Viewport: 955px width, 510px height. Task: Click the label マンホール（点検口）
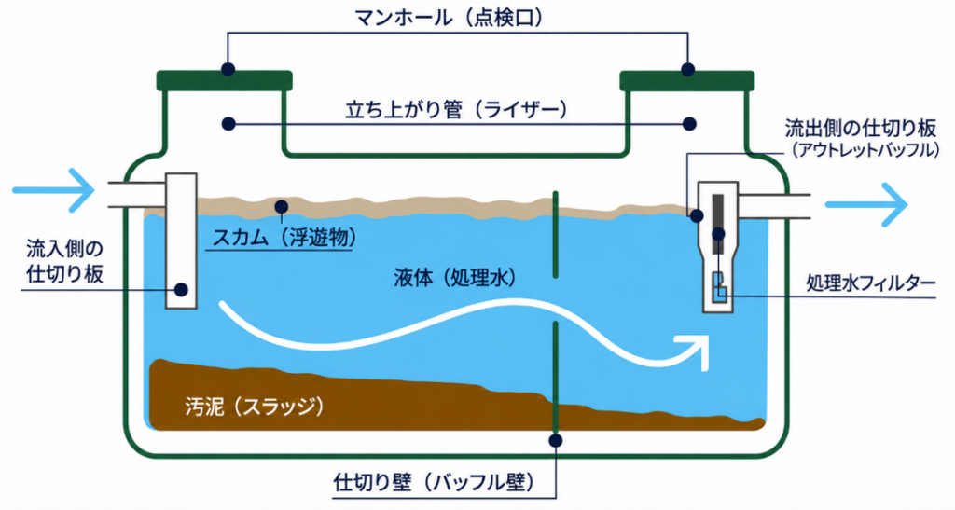[449, 18]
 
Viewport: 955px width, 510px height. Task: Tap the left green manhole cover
[224, 80]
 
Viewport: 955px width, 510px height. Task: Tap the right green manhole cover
[687, 80]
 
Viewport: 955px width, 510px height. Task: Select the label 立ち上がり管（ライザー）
[457, 110]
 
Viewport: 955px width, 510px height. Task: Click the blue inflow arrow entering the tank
[53, 190]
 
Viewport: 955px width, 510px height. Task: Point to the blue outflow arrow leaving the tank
[866, 204]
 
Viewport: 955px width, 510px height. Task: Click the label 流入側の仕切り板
[64, 261]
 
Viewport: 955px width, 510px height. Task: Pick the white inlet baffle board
[182, 241]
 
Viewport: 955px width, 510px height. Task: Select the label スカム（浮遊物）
[284, 238]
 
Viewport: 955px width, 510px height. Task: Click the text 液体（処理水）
[455, 278]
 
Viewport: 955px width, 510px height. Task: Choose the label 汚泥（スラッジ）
[254, 406]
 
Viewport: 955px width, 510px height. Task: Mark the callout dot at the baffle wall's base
[555, 440]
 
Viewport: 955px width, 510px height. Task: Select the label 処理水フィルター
[870, 283]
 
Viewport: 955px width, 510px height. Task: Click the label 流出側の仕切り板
[860, 129]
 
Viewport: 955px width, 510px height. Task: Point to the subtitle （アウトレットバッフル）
[865, 150]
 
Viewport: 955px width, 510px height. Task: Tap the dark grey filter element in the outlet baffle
[718, 224]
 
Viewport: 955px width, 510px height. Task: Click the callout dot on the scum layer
[281, 206]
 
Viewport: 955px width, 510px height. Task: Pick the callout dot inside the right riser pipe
[689, 124]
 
